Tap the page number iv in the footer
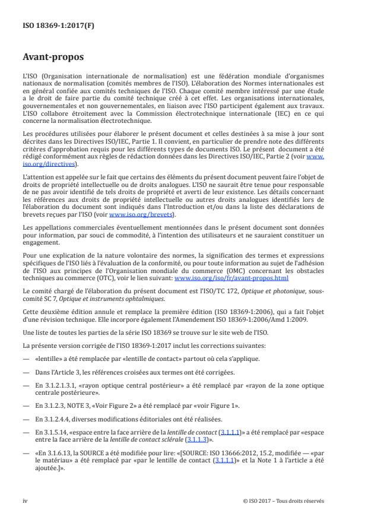click(26, 500)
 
